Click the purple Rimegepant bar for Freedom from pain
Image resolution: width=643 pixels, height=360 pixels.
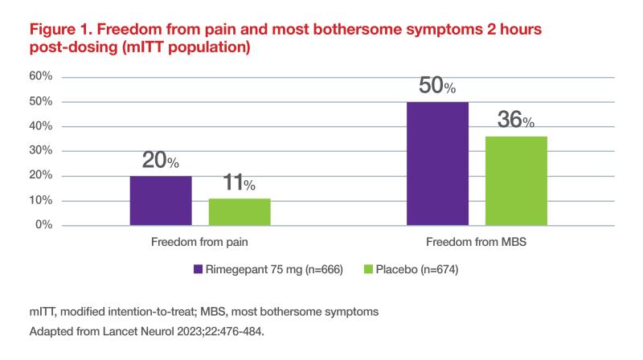pos(161,201)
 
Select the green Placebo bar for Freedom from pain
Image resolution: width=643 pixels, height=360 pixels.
pos(240,211)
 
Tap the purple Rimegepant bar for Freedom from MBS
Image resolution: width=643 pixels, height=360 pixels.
pos(437,164)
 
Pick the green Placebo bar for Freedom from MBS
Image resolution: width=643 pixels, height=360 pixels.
pos(516,181)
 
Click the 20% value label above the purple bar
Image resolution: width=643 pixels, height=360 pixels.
pos(160,160)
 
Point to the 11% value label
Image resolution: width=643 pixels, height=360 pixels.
pos(239,182)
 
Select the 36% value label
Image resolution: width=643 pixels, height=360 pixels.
pos(516,119)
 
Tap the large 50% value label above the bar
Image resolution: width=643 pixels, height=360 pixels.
pos(437,85)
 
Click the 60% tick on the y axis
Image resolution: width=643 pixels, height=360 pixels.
pos(41,76)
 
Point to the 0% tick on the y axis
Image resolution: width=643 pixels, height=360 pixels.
pos(44,225)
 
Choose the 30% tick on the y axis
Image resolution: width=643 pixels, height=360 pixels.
pos(41,150)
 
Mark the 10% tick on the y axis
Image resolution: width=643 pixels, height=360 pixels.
pos(41,200)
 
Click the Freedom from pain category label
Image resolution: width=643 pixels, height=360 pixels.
pos(199,242)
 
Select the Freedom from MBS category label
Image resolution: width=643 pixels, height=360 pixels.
pos(476,242)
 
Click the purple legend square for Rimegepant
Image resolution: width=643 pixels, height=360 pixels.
pos(198,269)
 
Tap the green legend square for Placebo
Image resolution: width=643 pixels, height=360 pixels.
pos(368,269)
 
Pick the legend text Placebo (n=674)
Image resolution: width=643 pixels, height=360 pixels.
pos(417,269)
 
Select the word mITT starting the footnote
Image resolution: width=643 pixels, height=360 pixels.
pos(43,312)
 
